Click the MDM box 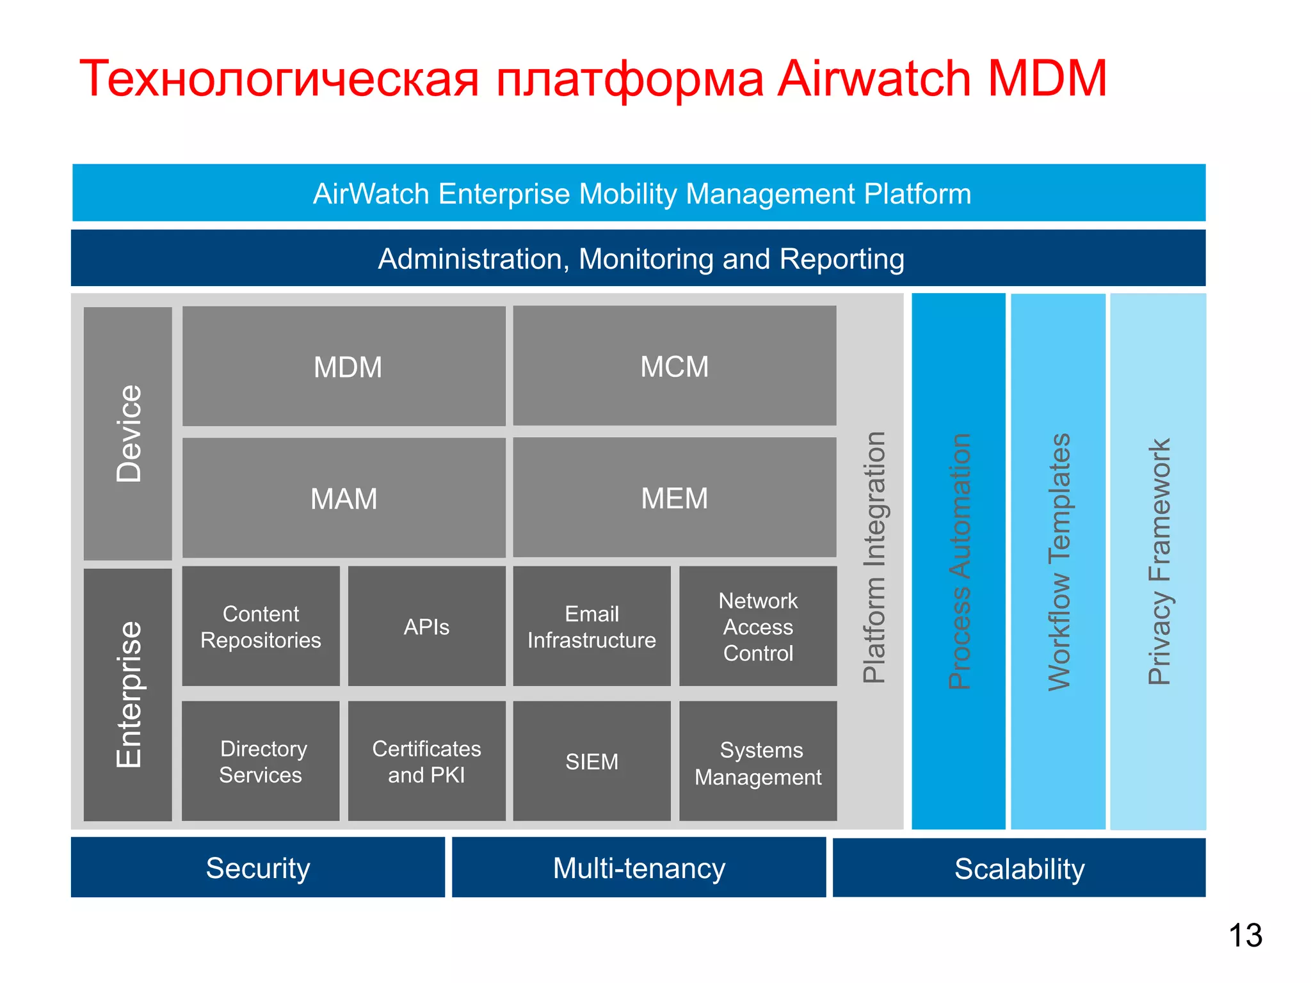point(344,366)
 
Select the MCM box point(675,366)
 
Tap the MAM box point(344,498)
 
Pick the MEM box point(675,498)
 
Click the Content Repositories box point(261,627)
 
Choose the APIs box point(426,627)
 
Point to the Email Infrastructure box point(591,627)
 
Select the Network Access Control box point(758,627)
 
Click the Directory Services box point(261,761)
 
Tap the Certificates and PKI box point(426,761)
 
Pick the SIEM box point(591,761)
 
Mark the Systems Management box point(758,761)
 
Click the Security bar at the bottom point(258,868)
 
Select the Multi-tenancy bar point(639,868)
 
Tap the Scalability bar point(1019,868)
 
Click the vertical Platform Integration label point(874,557)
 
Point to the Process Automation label point(959,561)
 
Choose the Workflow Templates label point(1059,561)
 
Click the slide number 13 point(1245,936)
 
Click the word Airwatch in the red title point(874,79)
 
